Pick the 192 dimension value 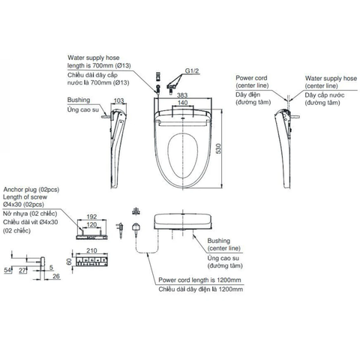[x=92, y=216]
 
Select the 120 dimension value [x=92, y=223]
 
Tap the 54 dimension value [x=7, y=268]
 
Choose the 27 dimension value [x=24, y=268]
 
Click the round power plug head [x=136, y=224]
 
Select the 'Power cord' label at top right [x=253, y=76]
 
